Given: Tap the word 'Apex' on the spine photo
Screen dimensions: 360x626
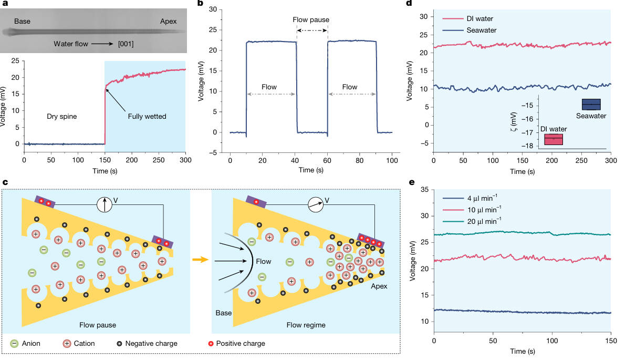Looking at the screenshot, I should click(x=168, y=22).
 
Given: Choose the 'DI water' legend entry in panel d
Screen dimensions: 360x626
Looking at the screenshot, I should click(x=479, y=18).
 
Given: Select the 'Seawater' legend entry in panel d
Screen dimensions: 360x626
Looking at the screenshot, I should click(x=481, y=29).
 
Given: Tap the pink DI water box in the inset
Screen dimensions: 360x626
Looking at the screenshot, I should click(x=554, y=139).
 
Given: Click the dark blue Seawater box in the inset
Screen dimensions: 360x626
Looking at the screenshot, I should click(x=591, y=104).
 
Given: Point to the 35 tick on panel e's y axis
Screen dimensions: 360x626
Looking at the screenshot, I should click(x=425, y=189).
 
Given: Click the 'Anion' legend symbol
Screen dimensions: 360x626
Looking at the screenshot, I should click(x=15, y=344).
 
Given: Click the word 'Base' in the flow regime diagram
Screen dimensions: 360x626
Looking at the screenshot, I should click(x=224, y=313).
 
